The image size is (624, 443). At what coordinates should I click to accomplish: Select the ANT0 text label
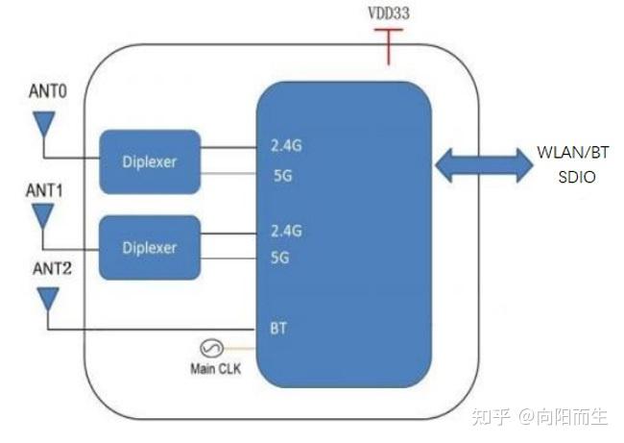[x=45, y=93]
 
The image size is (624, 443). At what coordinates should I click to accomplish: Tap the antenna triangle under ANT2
[x=44, y=302]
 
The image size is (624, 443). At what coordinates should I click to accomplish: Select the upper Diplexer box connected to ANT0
[x=149, y=161]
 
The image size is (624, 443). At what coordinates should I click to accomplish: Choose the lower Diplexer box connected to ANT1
[x=149, y=247]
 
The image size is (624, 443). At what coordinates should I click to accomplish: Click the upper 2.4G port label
[x=287, y=147]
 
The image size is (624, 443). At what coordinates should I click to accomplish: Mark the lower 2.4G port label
[x=287, y=231]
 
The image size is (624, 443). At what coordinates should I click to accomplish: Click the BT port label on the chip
[x=279, y=329]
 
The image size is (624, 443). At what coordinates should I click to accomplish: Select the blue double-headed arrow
[x=482, y=165]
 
